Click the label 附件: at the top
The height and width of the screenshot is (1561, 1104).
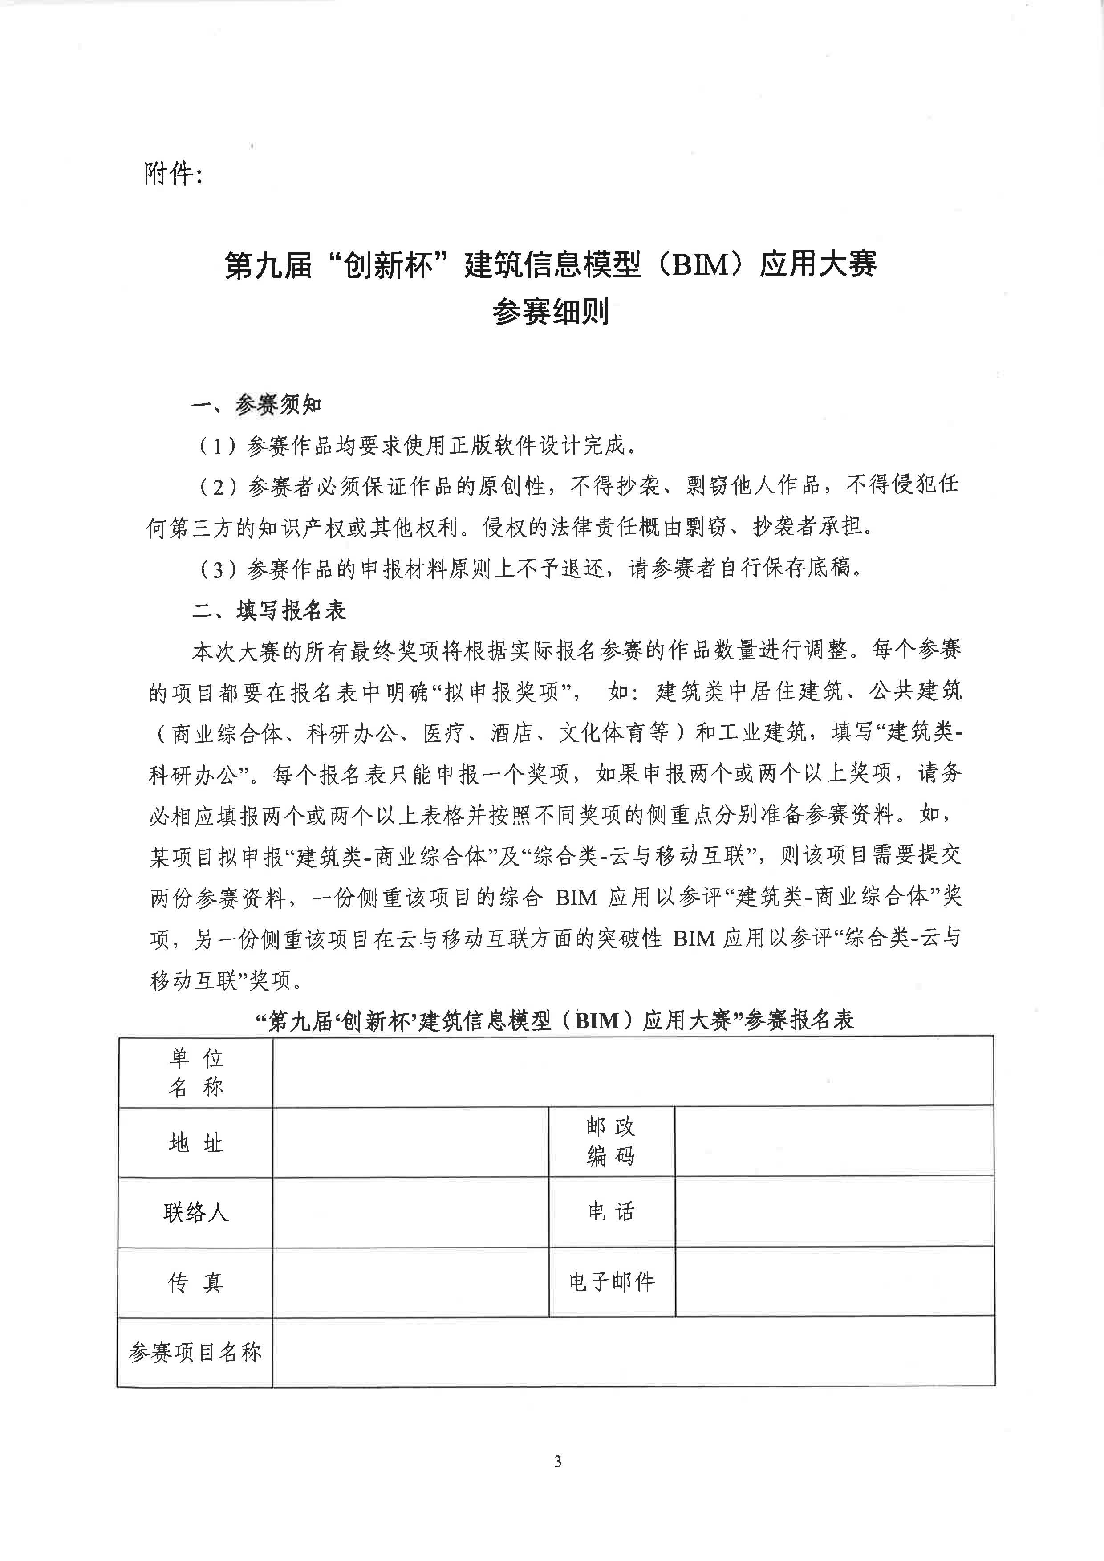click(x=173, y=174)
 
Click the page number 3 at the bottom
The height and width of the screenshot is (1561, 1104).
click(x=557, y=1461)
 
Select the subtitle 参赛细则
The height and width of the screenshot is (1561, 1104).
click(x=551, y=312)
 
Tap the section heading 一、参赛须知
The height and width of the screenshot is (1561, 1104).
click(x=256, y=405)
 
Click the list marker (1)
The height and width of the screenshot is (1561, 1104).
click(x=218, y=446)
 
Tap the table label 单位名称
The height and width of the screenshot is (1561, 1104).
click(x=196, y=1072)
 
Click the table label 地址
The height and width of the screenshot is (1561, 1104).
click(x=196, y=1143)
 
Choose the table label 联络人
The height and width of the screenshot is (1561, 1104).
click(x=196, y=1212)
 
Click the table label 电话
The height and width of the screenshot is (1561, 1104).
click(x=611, y=1211)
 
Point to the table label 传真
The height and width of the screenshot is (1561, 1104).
click(x=196, y=1282)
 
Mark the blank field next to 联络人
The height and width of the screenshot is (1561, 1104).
click(x=410, y=1212)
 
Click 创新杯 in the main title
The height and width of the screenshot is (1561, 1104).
click(x=389, y=264)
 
